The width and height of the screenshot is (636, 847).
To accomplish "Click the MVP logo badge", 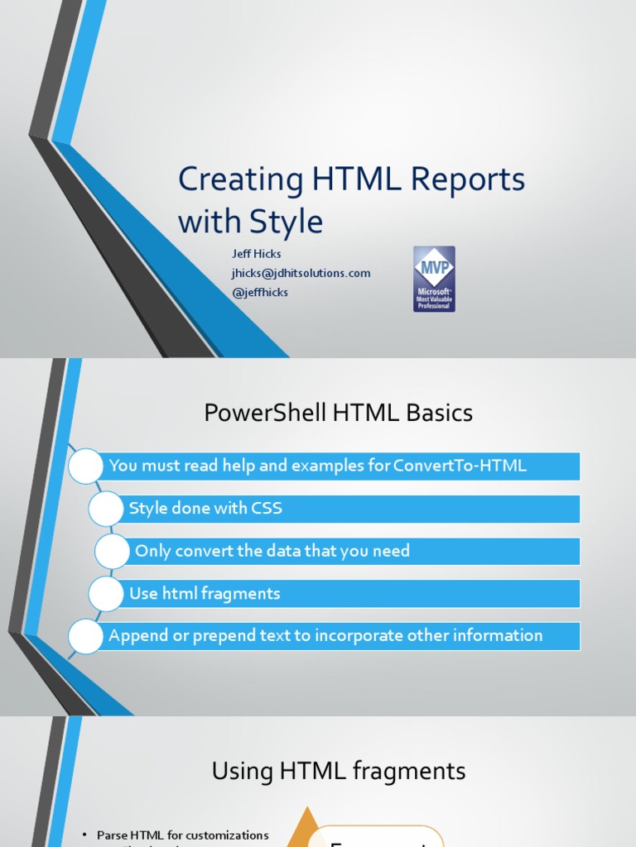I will [434, 279].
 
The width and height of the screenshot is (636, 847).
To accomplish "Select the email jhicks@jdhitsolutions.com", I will [301, 273].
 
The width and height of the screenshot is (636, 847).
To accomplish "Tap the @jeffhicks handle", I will [259, 292].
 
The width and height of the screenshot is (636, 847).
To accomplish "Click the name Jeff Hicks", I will [256, 254].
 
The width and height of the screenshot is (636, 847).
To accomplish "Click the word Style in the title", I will [290, 222].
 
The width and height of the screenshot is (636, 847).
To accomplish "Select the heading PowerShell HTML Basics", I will [338, 413].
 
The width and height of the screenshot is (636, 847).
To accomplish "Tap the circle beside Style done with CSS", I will [106, 509].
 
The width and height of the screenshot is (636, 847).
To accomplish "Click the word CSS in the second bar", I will [267, 508].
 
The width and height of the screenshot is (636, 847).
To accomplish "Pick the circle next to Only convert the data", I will [113, 551].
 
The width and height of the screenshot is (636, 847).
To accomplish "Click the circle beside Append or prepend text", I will [86, 636].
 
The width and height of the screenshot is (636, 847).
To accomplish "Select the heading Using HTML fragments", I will [338, 772].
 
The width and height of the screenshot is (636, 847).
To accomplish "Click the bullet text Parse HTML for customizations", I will [182, 835].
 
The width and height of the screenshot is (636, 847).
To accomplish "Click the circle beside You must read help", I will [86, 467].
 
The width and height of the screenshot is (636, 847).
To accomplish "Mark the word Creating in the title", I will [229, 179].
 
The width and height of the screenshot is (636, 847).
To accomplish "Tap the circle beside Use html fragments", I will [106, 594].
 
